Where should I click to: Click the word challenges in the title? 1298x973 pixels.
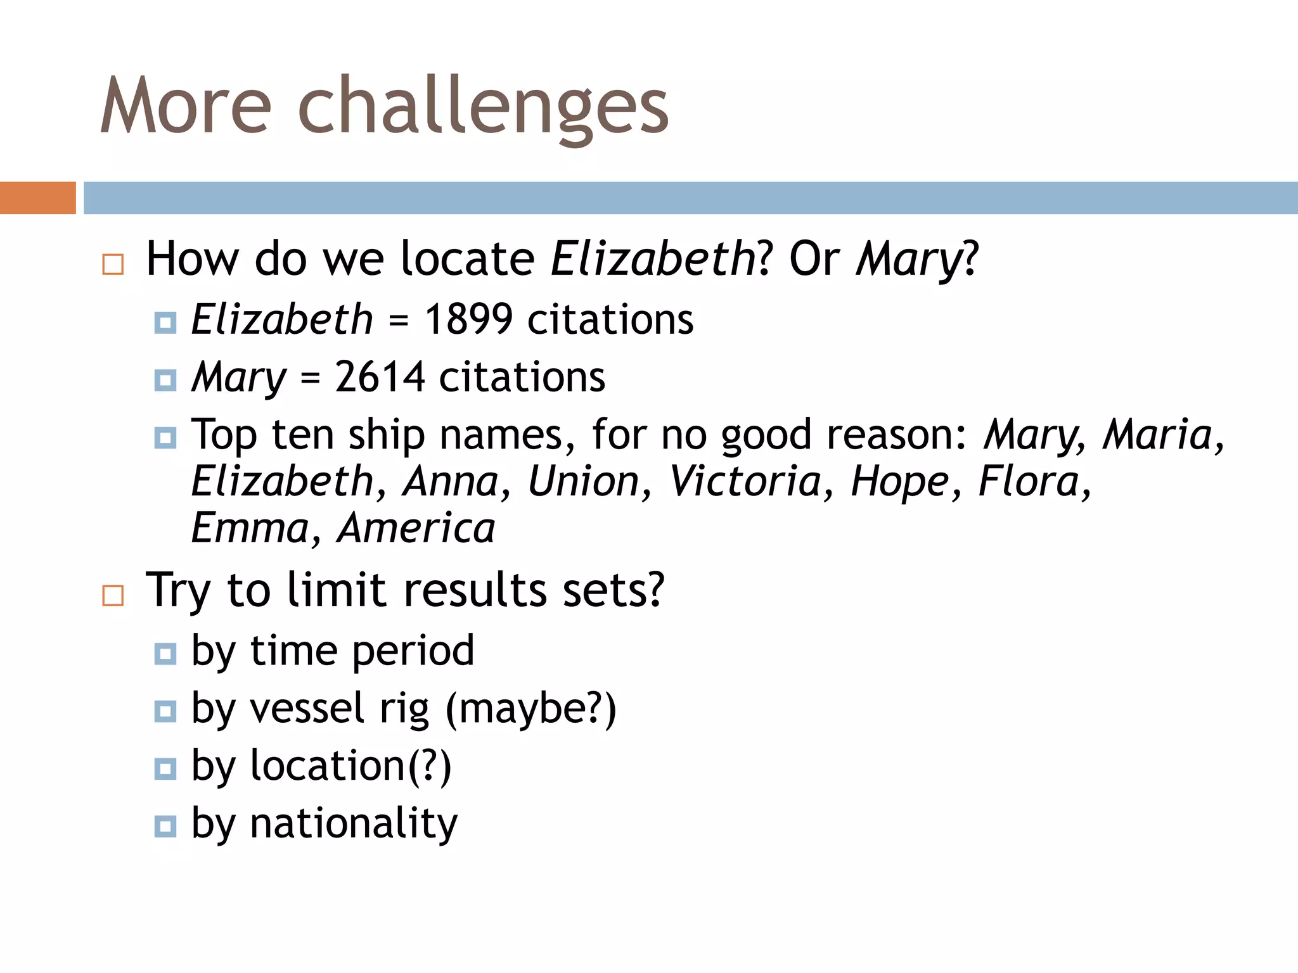483,106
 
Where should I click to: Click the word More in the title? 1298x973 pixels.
186,106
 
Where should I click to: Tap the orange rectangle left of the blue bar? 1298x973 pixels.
37,198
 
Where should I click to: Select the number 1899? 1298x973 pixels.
468,319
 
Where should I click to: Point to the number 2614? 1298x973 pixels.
380,377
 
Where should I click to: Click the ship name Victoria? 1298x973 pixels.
745,481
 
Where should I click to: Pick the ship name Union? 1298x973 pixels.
583,481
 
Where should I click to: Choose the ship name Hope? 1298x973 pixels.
899,481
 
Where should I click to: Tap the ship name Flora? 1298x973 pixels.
1028,481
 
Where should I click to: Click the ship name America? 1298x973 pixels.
416,528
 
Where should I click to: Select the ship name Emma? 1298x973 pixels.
250,528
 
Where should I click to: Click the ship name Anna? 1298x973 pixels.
451,481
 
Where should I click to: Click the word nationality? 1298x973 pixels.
354,824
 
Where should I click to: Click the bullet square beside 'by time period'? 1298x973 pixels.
165,653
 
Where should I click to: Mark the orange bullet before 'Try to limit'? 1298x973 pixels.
113,595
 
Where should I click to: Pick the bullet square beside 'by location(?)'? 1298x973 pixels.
165,768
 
